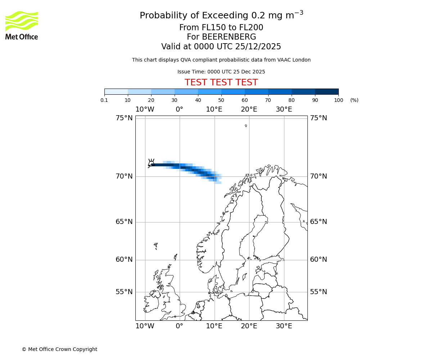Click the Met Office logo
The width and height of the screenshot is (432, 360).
tap(22, 25)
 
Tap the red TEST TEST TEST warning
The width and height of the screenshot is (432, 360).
tap(221, 82)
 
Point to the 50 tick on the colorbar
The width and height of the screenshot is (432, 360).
tap(221, 100)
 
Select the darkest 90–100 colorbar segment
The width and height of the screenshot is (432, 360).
tap(327, 91)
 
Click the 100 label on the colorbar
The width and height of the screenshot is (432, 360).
tap(338, 100)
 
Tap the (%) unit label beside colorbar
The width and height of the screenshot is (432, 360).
tap(354, 100)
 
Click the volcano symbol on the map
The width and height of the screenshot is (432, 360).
tap(151, 163)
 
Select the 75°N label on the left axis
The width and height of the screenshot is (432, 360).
tap(124, 118)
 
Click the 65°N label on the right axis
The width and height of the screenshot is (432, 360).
tap(319, 222)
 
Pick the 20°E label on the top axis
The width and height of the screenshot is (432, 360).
tap(249, 109)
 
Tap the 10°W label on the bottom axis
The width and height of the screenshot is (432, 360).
tap(145, 326)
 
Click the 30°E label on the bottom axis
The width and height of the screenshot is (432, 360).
tap(284, 326)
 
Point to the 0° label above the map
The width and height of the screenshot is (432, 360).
tap(179, 109)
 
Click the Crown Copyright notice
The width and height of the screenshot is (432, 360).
tap(59, 349)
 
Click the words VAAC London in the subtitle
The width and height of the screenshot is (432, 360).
tap(294, 60)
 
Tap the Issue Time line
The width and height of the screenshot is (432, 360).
tap(221, 72)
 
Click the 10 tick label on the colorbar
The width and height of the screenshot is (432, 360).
tap(128, 100)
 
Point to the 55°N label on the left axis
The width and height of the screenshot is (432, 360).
tap(124, 292)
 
